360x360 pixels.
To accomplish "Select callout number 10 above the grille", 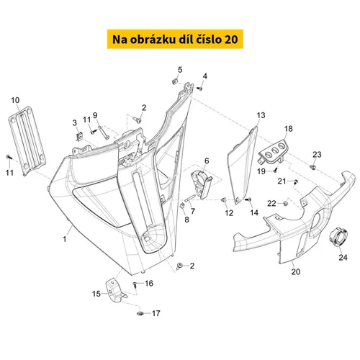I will (x=15, y=99).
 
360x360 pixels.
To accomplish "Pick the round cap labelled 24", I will (x=336, y=236).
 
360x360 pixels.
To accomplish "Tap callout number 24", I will (x=343, y=257).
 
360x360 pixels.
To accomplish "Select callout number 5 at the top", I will (x=180, y=69).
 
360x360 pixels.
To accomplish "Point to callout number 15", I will (x=96, y=294).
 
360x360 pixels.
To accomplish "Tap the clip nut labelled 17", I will (x=141, y=313).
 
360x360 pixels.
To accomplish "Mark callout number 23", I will (x=318, y=155).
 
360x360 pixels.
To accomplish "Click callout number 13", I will (x=261, y=115).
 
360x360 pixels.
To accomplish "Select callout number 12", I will (x=228, y=214).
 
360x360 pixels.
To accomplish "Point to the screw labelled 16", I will (x=134, y=284).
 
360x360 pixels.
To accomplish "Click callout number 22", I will (x=271, y=204).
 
